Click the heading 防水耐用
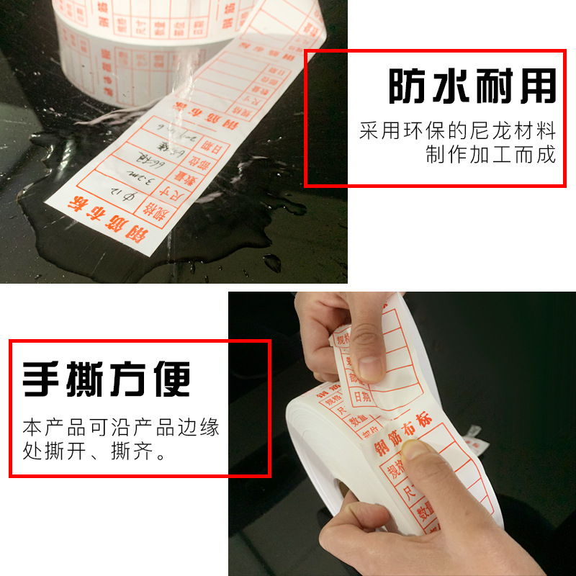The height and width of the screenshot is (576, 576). tap(472, 87)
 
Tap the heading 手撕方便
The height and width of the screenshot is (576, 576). tap(107, 379)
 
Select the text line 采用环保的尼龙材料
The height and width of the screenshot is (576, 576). tap(458, 132)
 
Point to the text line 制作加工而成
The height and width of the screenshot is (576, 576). tap(490, 155)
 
